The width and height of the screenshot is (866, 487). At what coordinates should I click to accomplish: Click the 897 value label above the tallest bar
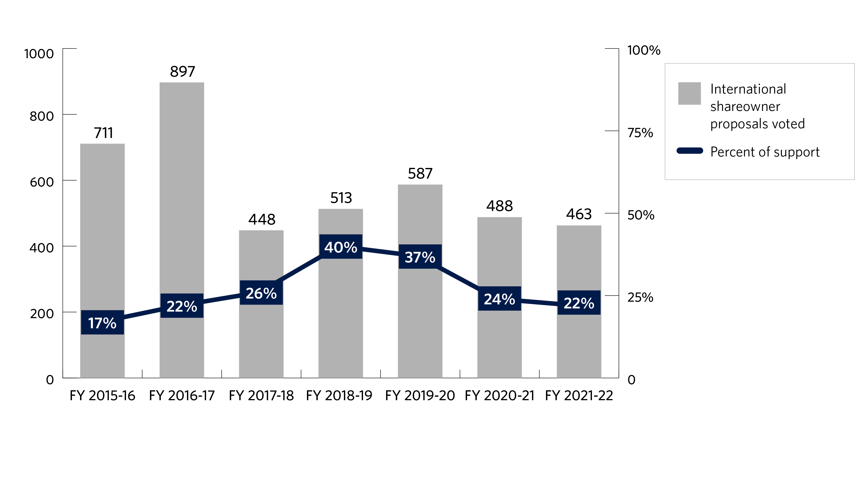[182, 72]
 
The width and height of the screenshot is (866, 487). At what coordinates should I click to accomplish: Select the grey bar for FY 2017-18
[261, 336]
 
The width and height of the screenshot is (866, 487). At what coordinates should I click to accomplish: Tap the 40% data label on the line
[341, 247]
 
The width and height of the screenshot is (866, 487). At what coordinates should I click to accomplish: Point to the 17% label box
[102, 323]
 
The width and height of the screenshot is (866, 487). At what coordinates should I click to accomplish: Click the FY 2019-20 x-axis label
[420, 396]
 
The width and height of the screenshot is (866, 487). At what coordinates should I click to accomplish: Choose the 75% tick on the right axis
[640, 133]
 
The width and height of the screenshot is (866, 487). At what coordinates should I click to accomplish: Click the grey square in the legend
[689, 93]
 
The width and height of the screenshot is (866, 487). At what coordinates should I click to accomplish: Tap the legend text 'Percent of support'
[765, 152]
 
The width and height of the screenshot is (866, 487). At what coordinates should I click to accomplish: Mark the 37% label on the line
[420, 257]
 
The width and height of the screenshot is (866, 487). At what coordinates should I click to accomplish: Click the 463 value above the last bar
[578, 214]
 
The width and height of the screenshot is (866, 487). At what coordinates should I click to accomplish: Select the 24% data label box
[499, 299]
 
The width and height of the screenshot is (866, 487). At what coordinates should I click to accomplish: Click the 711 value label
[103, 133]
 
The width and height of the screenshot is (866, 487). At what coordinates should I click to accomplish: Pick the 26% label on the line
[261, 293]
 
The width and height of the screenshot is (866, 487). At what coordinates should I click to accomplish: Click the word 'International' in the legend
[748, 89]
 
